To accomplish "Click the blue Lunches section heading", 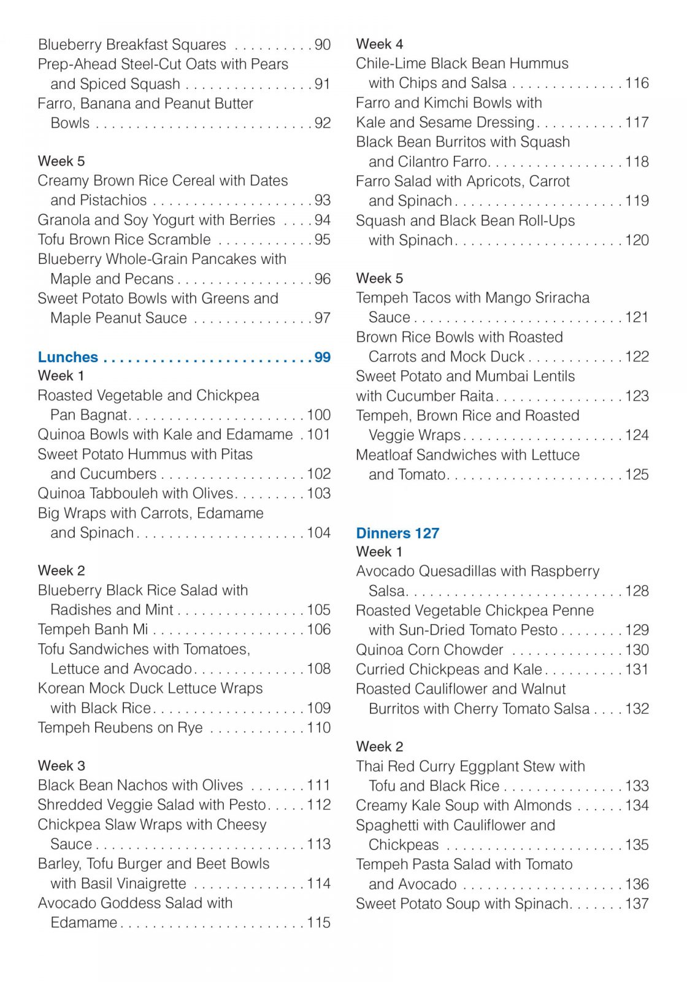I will coord(67,357).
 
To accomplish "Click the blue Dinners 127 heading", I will coord(397,533).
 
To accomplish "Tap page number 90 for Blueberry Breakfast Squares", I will coord(323,45).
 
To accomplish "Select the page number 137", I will coord(637,904).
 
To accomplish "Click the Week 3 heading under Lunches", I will coord(61,766).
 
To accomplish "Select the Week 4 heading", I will coord(379,44).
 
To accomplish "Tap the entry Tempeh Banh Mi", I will coord(93,630).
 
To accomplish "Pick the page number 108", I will coord(319,669).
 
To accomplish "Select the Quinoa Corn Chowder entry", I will coord(429,650).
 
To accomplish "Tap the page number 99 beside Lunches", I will coord(323,357).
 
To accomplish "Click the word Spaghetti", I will coord(390,825).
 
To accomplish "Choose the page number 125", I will coord(637,474).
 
